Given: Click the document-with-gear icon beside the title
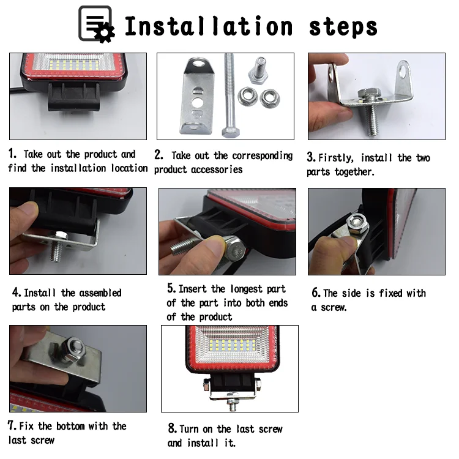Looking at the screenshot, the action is click(x=96, y=24).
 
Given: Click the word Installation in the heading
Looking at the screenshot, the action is click(x=209, y=26).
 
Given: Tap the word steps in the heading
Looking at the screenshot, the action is click(x=343, y=27).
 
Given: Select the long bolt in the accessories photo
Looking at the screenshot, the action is click(x=229, y=95).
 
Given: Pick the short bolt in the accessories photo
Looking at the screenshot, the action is click(x=258, y=70).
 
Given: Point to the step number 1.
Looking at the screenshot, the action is click(x=12, y=154).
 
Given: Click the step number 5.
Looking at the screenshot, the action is click(x=171, y=288).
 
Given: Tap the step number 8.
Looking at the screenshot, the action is click(x=173, y=428).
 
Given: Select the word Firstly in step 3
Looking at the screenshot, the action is click(x=336, y=158).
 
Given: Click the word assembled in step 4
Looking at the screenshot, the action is click(x=100, y=293).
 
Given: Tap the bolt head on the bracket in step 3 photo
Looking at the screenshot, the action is click(x=369, y=94).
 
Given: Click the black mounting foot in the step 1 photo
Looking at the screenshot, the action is click(x=74, y=97).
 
